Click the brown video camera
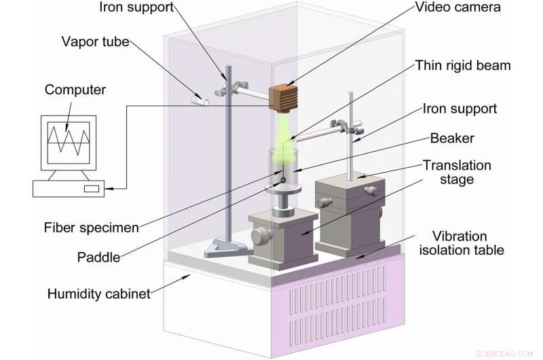click(284, 100)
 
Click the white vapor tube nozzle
click(198, 100)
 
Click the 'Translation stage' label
click(457, 173)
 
